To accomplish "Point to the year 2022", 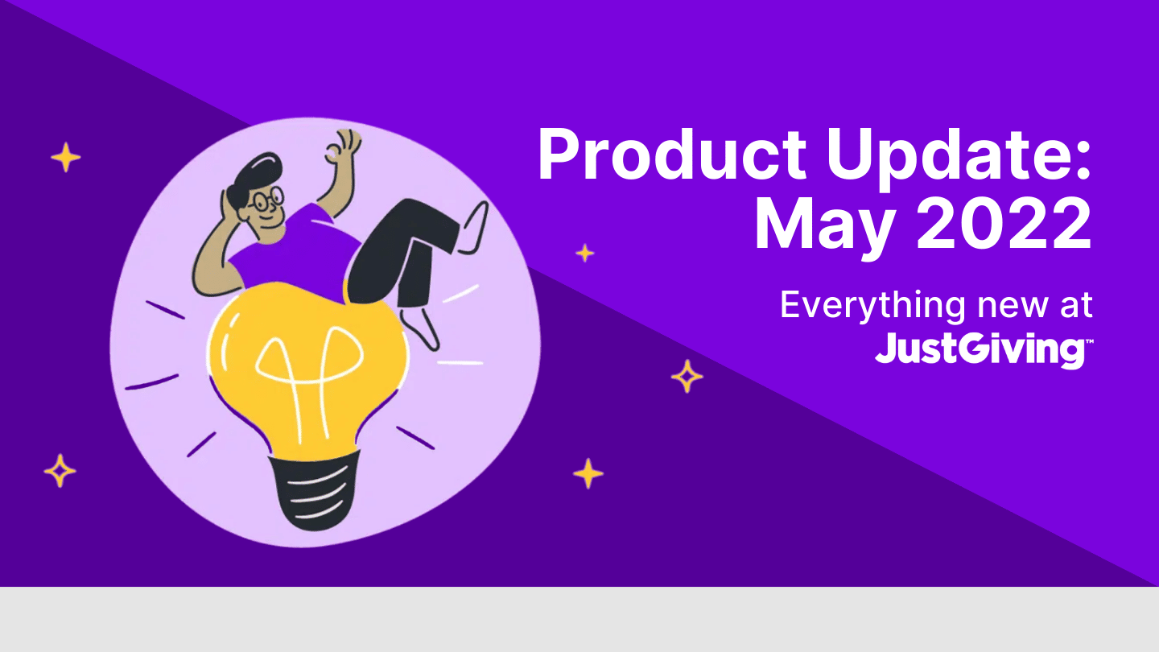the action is pyautogui.click(x=1004, y=224).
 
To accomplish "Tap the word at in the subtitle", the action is pyautogui.click(x=1076, y=305).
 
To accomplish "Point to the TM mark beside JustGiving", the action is pyautogui.click(x=1089, y=341).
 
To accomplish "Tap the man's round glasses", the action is pyautogui.click(x=267, y=200).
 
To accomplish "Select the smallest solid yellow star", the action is pyautogui.click(x=585, y=253).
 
